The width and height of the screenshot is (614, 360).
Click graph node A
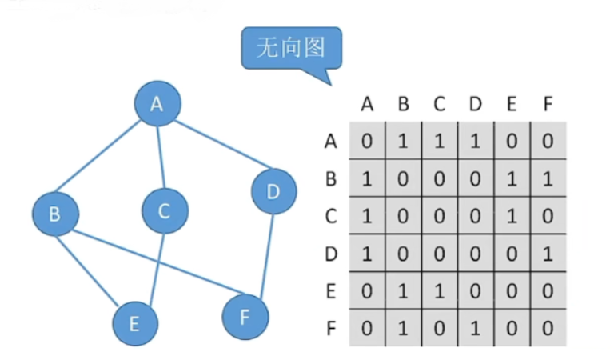tap(157, 103)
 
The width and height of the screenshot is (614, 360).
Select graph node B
tap(55, 214)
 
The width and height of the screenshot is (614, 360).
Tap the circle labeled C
tap(165, 211)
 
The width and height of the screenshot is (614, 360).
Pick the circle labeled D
tap(273, 192)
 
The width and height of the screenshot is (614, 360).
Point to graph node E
tap(134, 323)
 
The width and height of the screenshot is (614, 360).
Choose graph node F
tap(245, 315)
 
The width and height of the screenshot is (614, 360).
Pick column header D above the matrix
tap(476, 103)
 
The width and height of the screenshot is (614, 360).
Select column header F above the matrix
tap(548, 103)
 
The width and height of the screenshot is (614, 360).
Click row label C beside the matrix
tap(330, 216)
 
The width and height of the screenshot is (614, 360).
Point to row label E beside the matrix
tap(330, 291)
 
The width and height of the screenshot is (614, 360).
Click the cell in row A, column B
tap(404, 142)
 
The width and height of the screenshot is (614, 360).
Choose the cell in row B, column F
tap(548, 178)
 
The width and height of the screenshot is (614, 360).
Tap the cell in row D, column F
tap(548, 254)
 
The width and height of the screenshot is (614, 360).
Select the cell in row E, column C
tap(440, 291)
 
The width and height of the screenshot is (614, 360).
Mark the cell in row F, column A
tap(367, 328)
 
